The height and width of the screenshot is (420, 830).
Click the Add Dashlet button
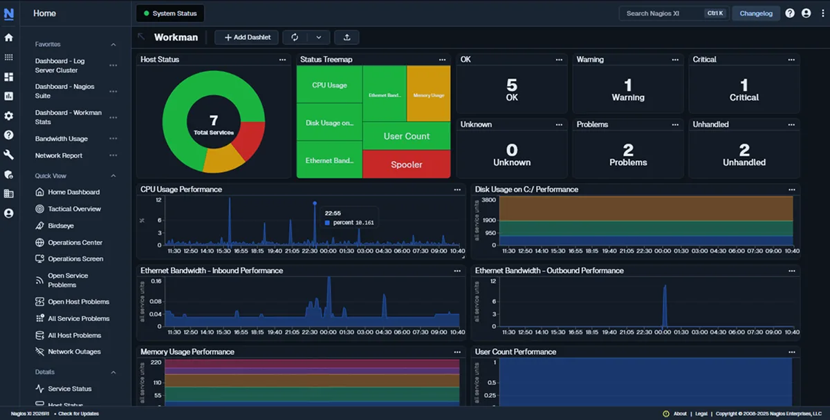coord(246,37)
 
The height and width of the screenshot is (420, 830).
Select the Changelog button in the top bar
coord(755,13)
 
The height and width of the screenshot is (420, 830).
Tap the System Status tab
coord(169,13)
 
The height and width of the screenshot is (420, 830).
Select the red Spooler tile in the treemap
coord(406,164)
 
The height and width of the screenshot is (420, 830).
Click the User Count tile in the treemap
coord(406,136)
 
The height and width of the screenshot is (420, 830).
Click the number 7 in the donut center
coord(213,122)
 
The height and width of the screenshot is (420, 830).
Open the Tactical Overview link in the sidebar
coord(74,209)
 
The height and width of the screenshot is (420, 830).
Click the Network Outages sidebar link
coord(74,352)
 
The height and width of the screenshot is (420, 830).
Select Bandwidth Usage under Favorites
coord(62,139)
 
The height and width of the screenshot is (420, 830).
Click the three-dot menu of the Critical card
coord(791,60)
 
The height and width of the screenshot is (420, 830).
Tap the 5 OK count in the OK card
coord(512,86)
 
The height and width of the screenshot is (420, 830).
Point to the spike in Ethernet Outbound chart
coord(665,297)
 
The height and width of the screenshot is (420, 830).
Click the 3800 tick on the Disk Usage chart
coord(488,200)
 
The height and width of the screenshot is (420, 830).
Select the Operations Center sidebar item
coord(75,242)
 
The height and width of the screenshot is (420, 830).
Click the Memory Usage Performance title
coord(187,352)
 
